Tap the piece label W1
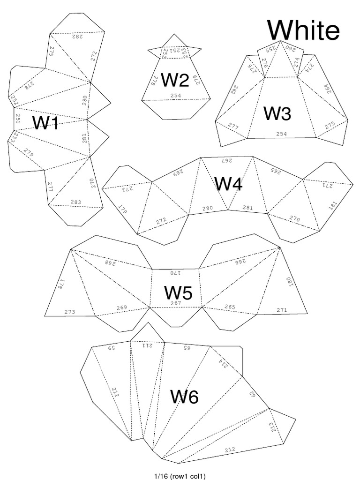[45, 123]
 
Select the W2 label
[175, 81]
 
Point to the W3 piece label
[277, 113]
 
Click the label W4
[228, 184]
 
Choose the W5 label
[178, 293]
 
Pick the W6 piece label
[184, 397]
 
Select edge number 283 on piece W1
[76, 202]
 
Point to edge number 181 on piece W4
[333, 205]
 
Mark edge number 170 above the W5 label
[175, 272]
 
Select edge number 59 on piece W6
[112, 348]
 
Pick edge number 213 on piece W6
[273, 427]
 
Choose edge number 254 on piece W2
[176, 95]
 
